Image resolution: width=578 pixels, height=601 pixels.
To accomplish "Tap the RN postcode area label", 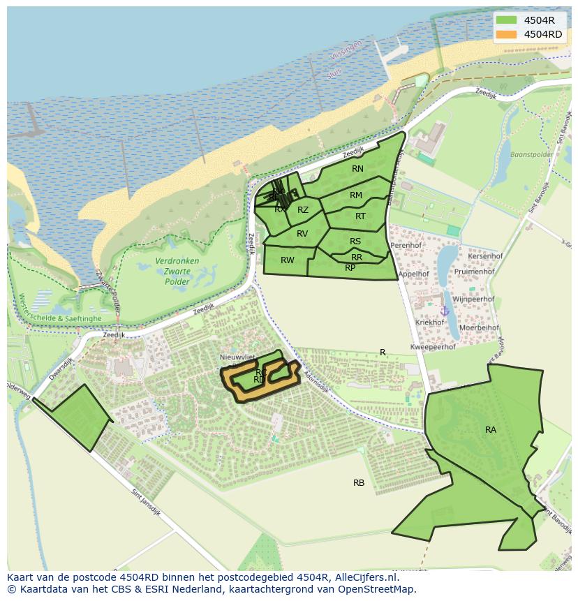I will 357,169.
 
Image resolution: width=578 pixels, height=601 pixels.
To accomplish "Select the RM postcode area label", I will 356,195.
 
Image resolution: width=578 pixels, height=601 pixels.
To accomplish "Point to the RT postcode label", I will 360,216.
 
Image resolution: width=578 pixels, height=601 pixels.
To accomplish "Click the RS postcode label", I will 355,242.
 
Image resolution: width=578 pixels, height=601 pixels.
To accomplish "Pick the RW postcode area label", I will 287,260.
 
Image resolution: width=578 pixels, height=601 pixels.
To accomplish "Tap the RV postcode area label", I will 302,234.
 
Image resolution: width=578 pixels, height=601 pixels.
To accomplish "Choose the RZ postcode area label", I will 303,210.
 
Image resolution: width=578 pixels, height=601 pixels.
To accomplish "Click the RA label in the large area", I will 491,430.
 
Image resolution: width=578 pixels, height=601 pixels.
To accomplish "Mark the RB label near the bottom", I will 359,483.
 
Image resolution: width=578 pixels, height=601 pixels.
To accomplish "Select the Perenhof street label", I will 406,246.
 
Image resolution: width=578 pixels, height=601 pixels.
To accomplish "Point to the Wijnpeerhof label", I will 473,299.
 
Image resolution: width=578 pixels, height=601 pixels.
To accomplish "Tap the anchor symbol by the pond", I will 444,311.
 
